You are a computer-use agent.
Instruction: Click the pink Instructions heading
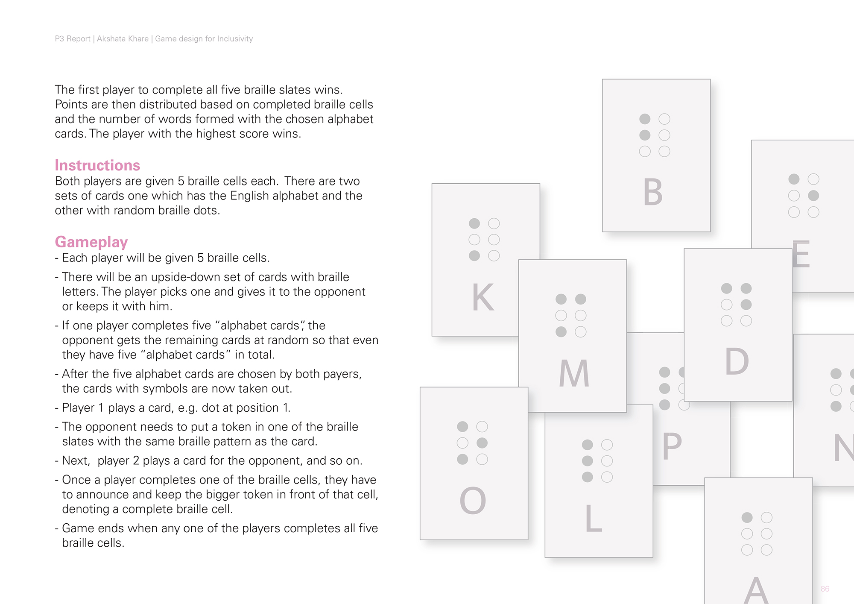click(x=97, y=165)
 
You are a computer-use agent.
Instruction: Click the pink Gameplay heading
click(x=91, y=242)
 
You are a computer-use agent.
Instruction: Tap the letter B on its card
click(x=653, y=193)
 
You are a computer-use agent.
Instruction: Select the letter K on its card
click(x=483, y=297)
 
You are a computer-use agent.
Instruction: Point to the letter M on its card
click(x=574, y=374)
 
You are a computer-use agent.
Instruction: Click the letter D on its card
click(x=737, y=362)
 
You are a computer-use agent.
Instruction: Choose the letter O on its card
click(x=473, y=501)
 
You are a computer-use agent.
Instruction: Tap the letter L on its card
click(x=593, y=519)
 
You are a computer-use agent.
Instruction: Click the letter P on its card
click(x=672, y=446)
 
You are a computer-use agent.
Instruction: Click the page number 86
click(x=825, y=589)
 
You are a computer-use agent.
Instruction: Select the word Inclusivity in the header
click(x=235, y=39)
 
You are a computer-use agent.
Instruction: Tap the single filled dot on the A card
click(x=747, y=518)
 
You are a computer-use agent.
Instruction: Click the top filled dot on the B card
click(x=645, y=119)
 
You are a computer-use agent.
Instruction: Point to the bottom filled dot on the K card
click(x=474, y=256)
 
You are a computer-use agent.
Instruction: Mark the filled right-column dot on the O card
click(x=482, y=443)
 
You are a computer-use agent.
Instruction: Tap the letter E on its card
click(x=801, y=255)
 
